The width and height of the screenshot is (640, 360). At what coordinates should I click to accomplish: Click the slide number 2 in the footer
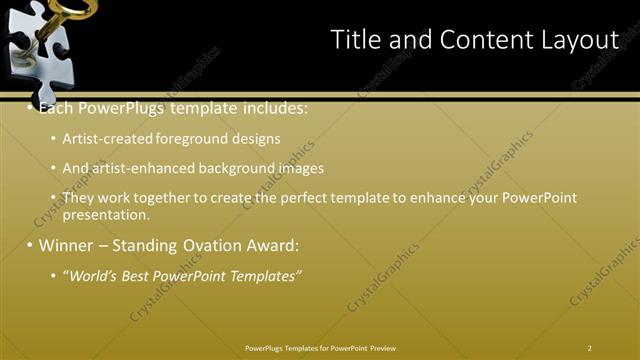click(x=590, y=347)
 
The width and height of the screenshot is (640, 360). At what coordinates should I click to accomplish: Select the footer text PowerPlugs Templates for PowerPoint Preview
click(x=320, y=347)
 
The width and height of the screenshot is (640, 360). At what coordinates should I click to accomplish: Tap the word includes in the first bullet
click(x=271, y=107)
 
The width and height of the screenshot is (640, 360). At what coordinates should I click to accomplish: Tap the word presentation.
click(x=106, y=214)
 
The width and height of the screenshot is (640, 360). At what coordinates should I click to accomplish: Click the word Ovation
click(x=211, y=245)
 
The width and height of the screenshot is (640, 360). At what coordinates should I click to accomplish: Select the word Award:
click(x=271, y=245)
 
